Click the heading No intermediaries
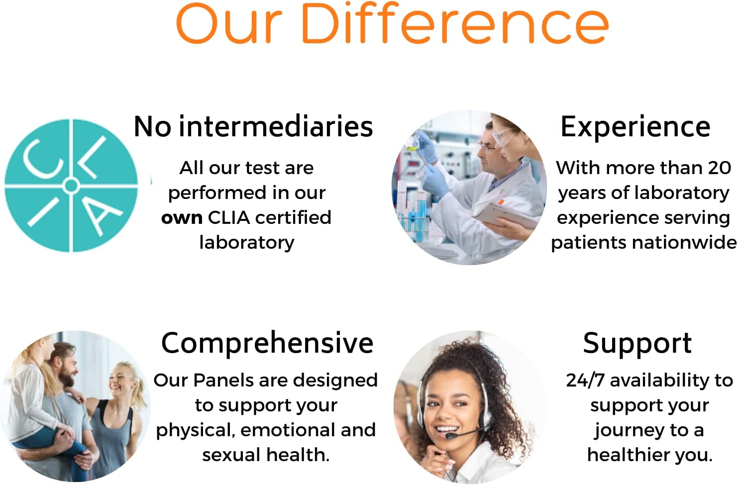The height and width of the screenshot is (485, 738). pyautogui.click(x=253, y=127)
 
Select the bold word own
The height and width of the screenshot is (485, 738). pyautogui.click(x=182, y=218)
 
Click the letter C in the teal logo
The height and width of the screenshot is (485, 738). pyautogui.click(x=42, y=159)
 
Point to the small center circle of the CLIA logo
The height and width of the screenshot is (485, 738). pyautogui.click(x=71, y=187)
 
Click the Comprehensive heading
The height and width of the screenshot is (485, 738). pyautogui.click(x=267, y=343)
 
